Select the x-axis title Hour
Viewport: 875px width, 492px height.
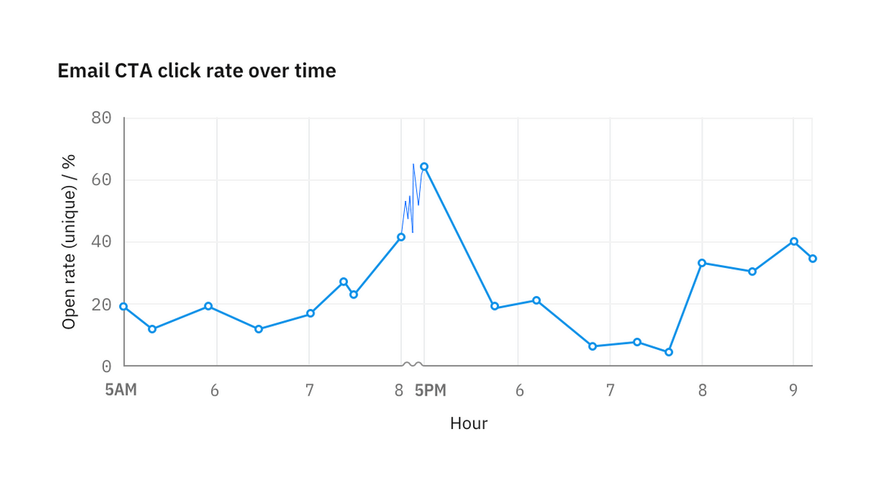[x=469, y=423]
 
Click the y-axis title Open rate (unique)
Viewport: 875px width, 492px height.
[x=69, y=241]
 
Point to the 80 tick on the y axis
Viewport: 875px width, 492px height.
[x=101, y=118]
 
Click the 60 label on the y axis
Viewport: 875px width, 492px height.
[x=101, y=180]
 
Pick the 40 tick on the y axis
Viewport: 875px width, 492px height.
[x=101, y=242]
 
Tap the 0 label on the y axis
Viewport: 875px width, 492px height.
[x=106, y=366]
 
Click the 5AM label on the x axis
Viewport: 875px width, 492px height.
[x=121, y=390]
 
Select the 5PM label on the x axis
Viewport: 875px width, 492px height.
[x=431, y=390]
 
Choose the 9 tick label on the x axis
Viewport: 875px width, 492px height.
[x=793, y=390]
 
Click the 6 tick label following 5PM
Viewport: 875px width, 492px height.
[x=520, y=390]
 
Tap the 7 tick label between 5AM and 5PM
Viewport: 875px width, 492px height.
[x=309, y=390]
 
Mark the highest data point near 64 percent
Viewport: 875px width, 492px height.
[x=424, y=166]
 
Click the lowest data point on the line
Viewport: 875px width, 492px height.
[x=668, y=352]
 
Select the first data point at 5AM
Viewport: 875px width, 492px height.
[x=124, y=306]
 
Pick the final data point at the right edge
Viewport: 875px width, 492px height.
[x=813, y=259]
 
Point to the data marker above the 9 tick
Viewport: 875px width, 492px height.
[x=794, y=241]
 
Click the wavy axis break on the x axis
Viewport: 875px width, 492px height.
[x=412, y=365]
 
